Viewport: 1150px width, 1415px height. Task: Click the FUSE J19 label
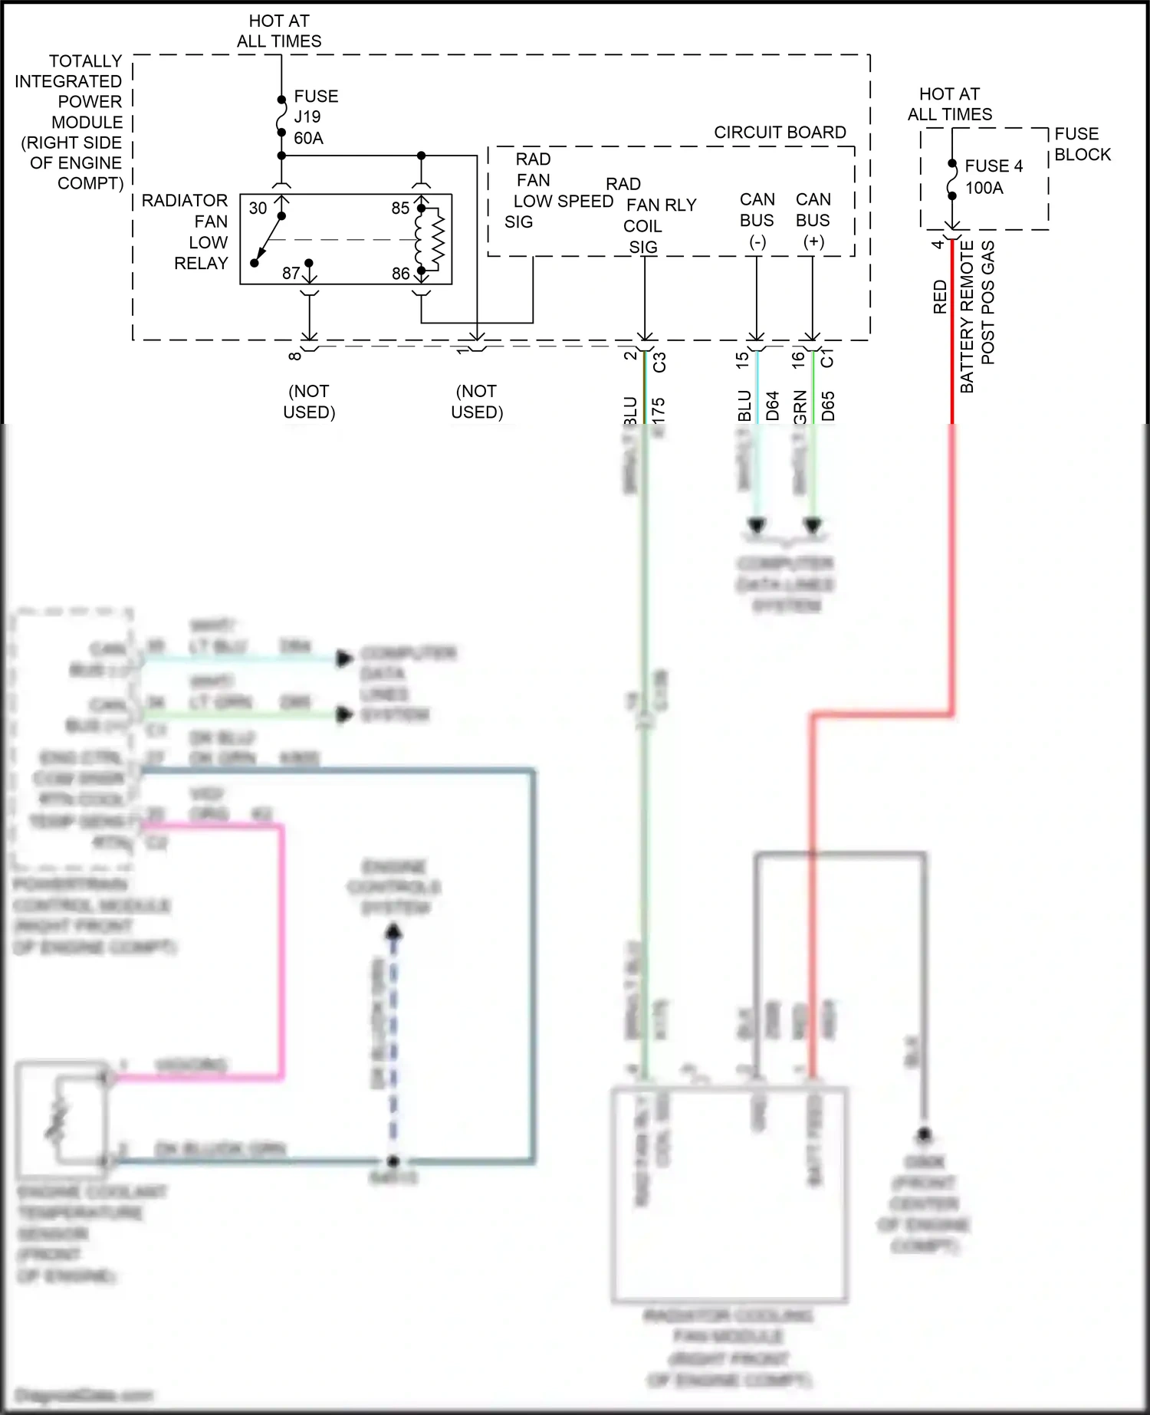(x=315, y=107)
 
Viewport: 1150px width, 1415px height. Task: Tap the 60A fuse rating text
(x=308, y=139)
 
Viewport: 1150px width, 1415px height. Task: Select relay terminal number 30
(x=258, y=208)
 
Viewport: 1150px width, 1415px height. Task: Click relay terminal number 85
(x=400, y=208)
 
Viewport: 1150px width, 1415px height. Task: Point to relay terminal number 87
(x=291, y=273)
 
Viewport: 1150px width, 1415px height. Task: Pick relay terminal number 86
(x=400, y=274)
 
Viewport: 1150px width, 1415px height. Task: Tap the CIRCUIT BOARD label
(x=780, y=133)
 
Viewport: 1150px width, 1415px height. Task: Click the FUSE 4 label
(x=994, y=166)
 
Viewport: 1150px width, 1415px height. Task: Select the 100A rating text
(x=984, y=189)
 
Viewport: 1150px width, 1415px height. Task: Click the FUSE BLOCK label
(x=1082, y=144)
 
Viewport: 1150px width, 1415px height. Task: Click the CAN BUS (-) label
(x=757, y=221)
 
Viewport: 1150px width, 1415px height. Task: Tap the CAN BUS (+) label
(x=813, y=221)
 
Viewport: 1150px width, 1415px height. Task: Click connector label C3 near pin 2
(x=659, y=362)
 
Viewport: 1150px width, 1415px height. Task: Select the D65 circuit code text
(x=828, y=406)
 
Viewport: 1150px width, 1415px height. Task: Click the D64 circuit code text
(x=772, y=406)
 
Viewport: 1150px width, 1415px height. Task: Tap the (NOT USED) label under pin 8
(x=309, y=402)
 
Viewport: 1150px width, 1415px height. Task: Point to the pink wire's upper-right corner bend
(x=281, y=826)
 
